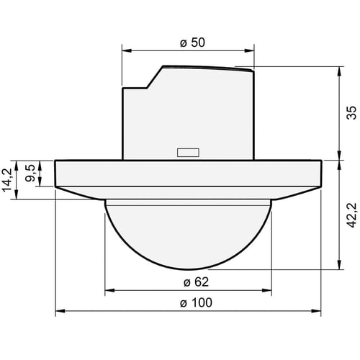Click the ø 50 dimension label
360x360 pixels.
pyautogui.click(x=192, y=42)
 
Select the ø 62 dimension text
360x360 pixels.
pyautogui.click(x=196, y=282)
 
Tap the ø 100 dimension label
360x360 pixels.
pyautogui.click(x=196, y=302)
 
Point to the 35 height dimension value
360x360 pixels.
pyautogui.click(x=351, y=112)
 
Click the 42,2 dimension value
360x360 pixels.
pyautogui.click(x=352, y=215)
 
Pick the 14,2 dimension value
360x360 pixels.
pyautogui.click(x=7, y=180)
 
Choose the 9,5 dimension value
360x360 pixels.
pyautogui.click(x=31, y=173)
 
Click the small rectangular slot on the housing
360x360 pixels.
pyautogui.click(x=188, y=153)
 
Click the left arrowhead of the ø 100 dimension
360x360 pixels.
pyautogui.click(x=60, y=311)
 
